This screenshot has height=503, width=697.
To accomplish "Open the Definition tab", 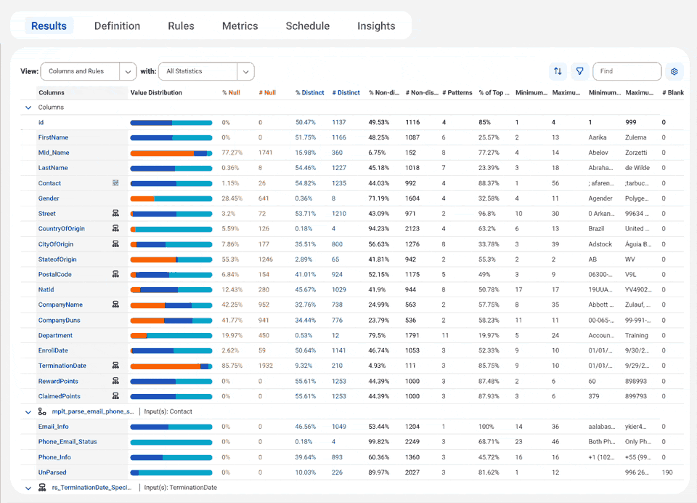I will [117, 26].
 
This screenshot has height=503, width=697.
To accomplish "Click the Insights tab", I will [376, 26].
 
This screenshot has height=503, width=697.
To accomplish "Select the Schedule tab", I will [307, 26].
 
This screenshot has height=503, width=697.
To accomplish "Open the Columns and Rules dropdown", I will [89, 71].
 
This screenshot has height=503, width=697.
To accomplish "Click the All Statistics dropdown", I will [206, 71].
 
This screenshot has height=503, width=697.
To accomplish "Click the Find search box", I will [627, 71].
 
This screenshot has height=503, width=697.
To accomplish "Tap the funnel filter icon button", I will [579, 71].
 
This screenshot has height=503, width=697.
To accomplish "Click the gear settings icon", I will [674, 71].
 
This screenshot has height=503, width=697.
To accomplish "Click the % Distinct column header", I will [309, 93].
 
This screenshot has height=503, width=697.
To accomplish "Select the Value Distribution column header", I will [156, 93].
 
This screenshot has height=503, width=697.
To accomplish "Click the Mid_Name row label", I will [53, 153].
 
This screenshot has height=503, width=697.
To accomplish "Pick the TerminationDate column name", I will [62, 366].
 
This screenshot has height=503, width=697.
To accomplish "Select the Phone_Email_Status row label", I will [68, 442].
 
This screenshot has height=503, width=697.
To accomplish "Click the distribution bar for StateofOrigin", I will [171, 259].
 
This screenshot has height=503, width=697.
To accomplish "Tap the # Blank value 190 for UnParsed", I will [667, 472].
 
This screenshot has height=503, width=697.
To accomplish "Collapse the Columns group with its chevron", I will [28, 108].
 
